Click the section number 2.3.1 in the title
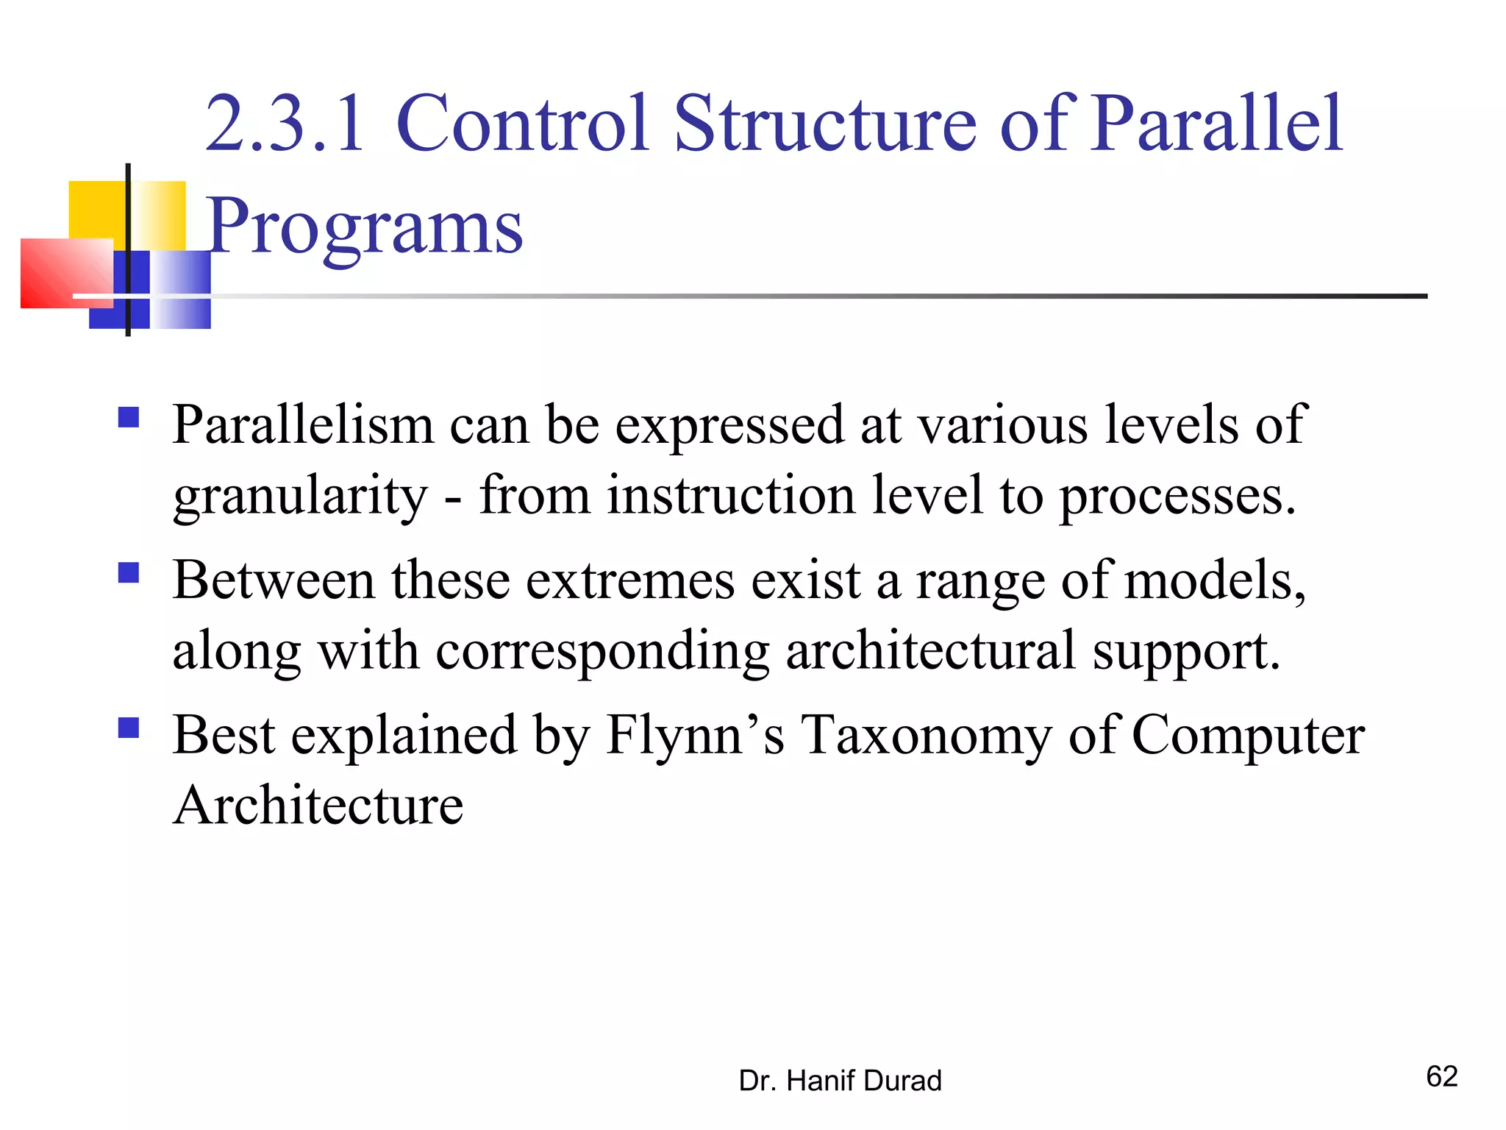pyautogui.click(x=285, y=124)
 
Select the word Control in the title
pyautogui.click(x=522, y=124)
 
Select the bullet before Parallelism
pyautogui.click(x=129, y=418)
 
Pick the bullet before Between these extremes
pyautogui.click(x=129, y=572)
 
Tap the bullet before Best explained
pyautogui.click(x=129, y=728)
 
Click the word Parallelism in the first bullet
pyautogui.click(x=303, y=425)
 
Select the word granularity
pyautogui.click(x=300, y=496)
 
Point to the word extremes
pyautogui.click(x=630, y=580)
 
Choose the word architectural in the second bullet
pyautogui.click(x=930, y=650)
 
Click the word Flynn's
pyautogui.click(x=695, y=735)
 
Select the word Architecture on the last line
pyautogui.click(x=318, y=805)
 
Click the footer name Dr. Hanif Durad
pyautogui.click(x=840, y=1081)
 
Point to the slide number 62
pyautogui.click(x=1441, y=1076)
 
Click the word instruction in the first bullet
pyautogui.click(x=731, y=496)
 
